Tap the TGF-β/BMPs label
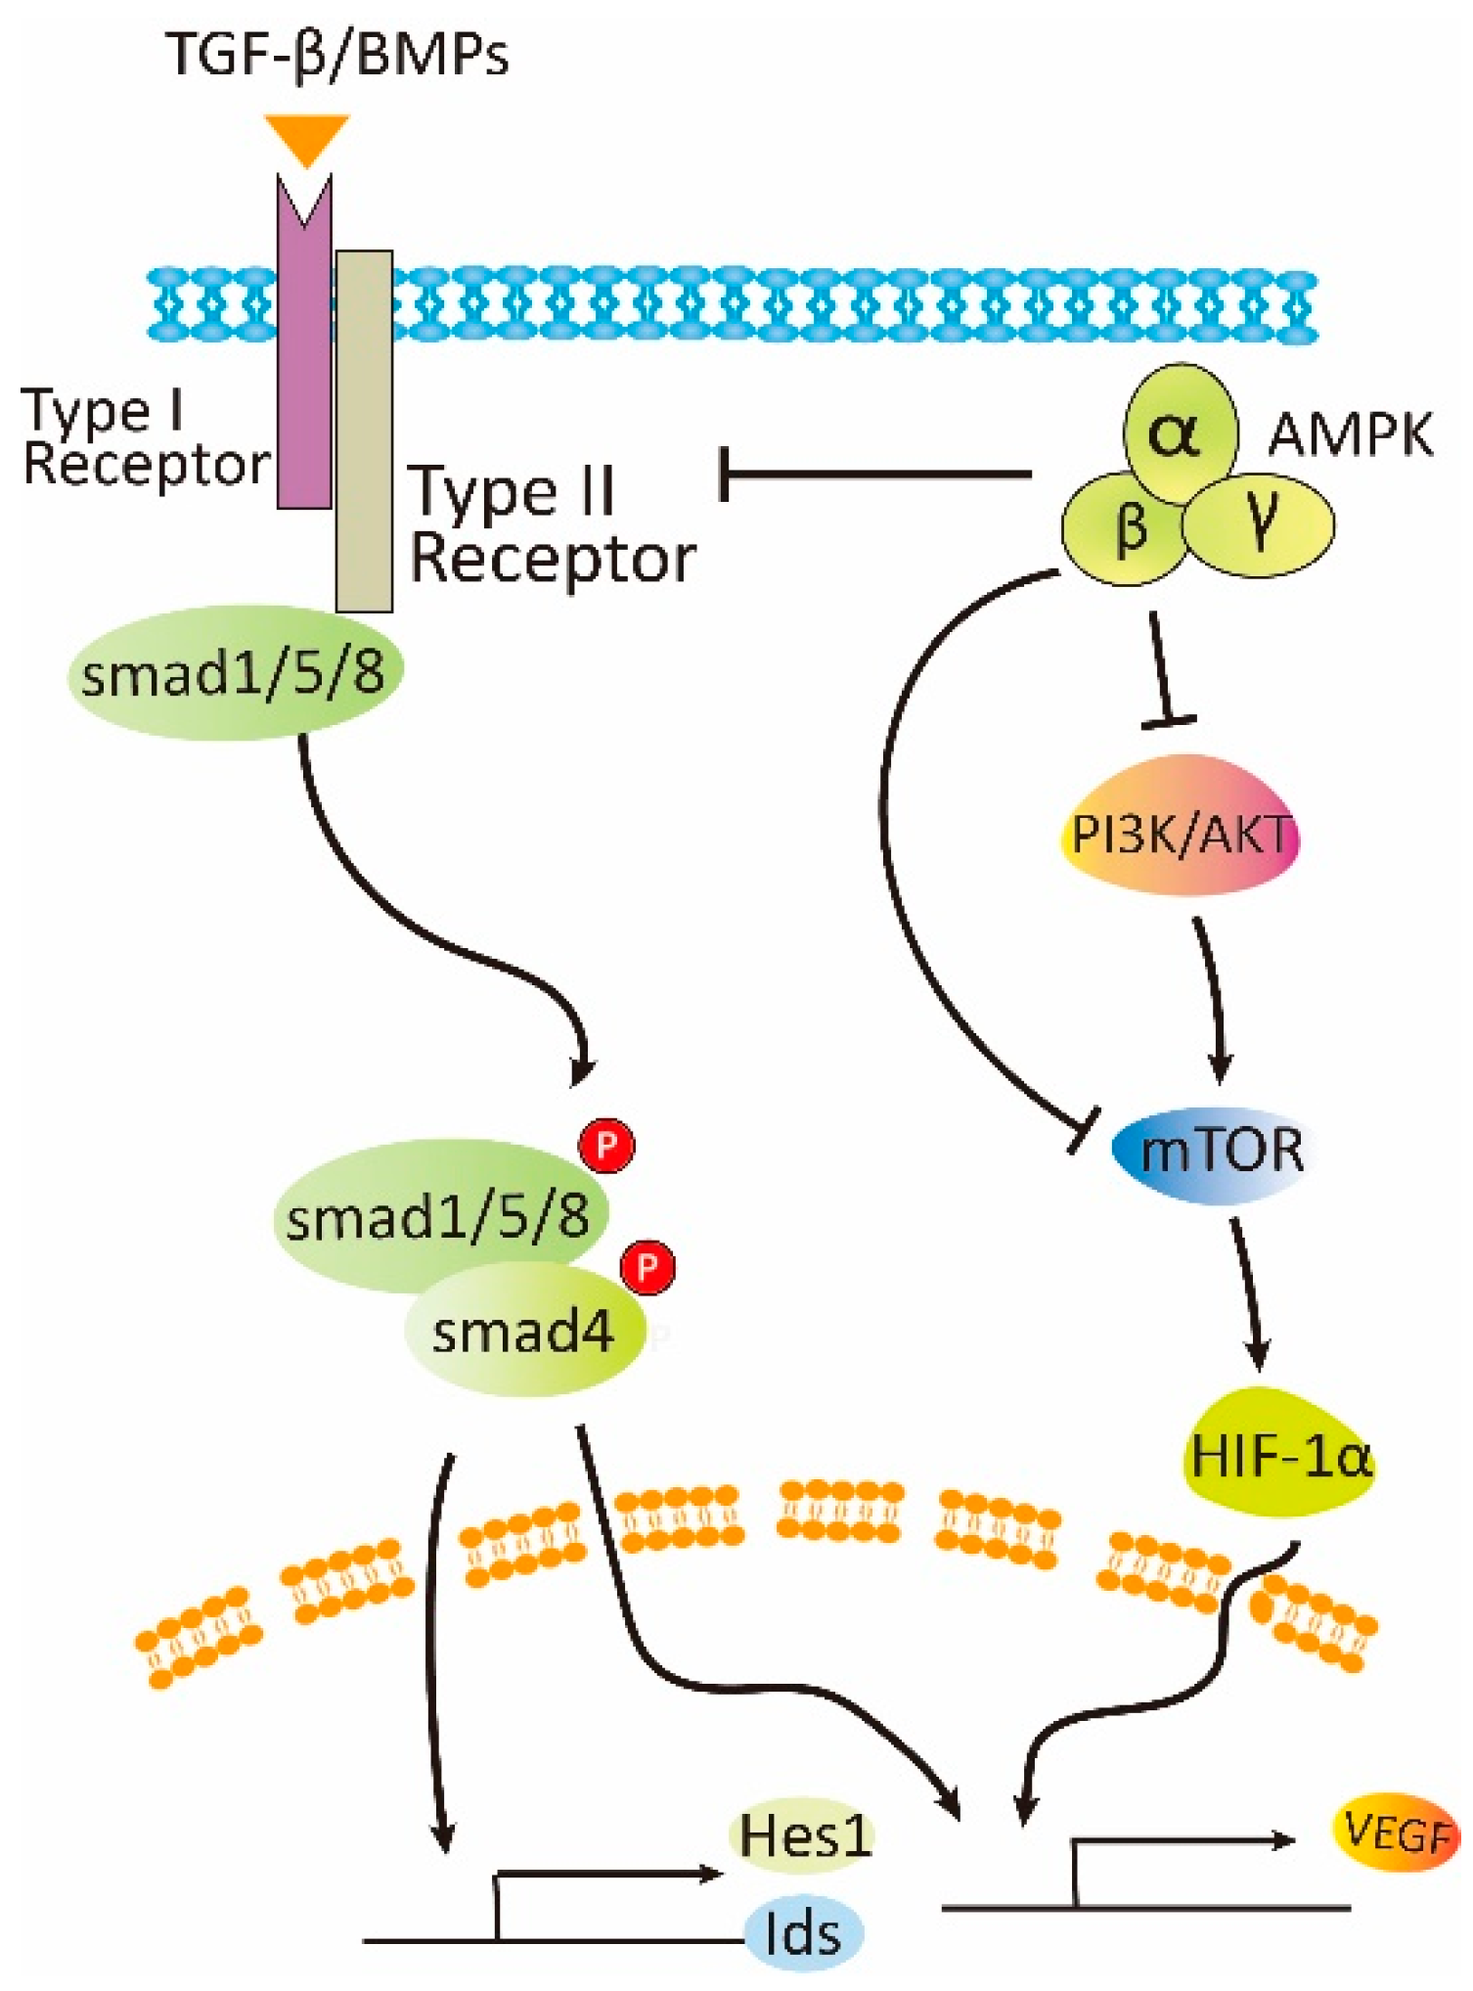(337, 55)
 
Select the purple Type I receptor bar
(304, 342)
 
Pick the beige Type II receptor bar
(364, 431)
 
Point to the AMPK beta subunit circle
(1124, 528)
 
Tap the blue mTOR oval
(1211, 1154)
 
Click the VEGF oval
(1397, 1833)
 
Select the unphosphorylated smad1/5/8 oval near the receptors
(235, 673)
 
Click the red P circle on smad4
(647, 1268)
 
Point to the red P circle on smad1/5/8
(606, 1145)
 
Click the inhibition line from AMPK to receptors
(876, 475)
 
